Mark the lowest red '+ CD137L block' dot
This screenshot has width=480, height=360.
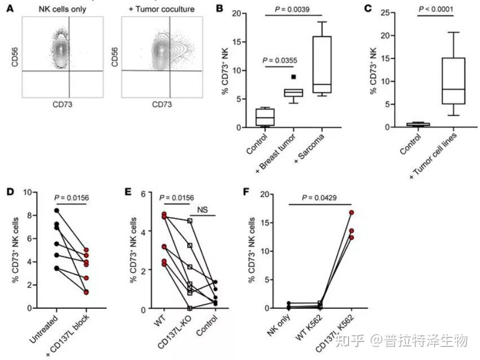(86, 292)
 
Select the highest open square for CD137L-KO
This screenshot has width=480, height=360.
(190, 221)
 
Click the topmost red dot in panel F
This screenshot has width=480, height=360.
(351, 213)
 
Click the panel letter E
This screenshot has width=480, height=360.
(129, 192)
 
